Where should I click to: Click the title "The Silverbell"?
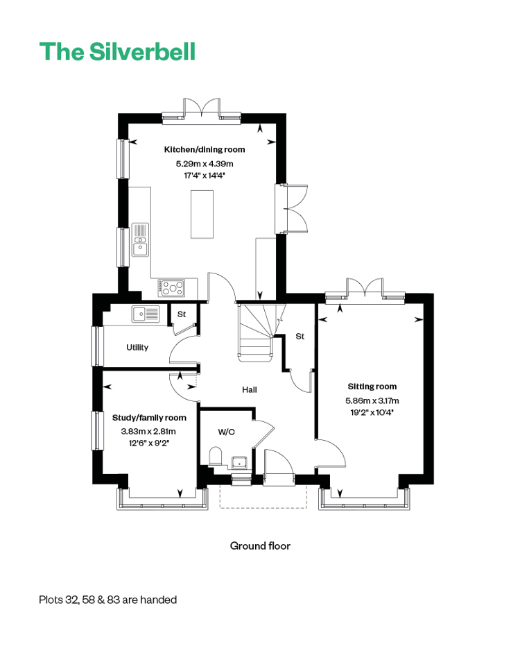tap(117, 51)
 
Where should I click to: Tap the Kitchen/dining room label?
tap(205, 149)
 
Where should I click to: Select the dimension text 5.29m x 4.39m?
tap(205, 164)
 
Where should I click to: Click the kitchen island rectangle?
tap(202, 214)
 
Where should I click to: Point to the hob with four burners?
tap(171, 288)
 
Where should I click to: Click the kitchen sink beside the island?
tap(140, 240)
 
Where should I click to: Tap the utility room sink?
tap(146, 314)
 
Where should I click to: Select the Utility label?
tap(137, 348)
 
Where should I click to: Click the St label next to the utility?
tap(182, 314)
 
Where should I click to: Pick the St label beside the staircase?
tap(300, 337)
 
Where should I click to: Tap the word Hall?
tap(250, 390)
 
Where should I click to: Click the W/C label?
tap(227, 432)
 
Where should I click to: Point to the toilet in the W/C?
tap(216, 456)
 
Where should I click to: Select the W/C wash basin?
tap(240, 462)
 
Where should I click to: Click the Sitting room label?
tap(372, 387)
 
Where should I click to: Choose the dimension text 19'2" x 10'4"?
tap(372, 412)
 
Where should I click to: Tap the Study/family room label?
tap(149, 418)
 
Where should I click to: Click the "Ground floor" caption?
tap(260, 546)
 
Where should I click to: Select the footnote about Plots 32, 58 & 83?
tap(108, 600)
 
